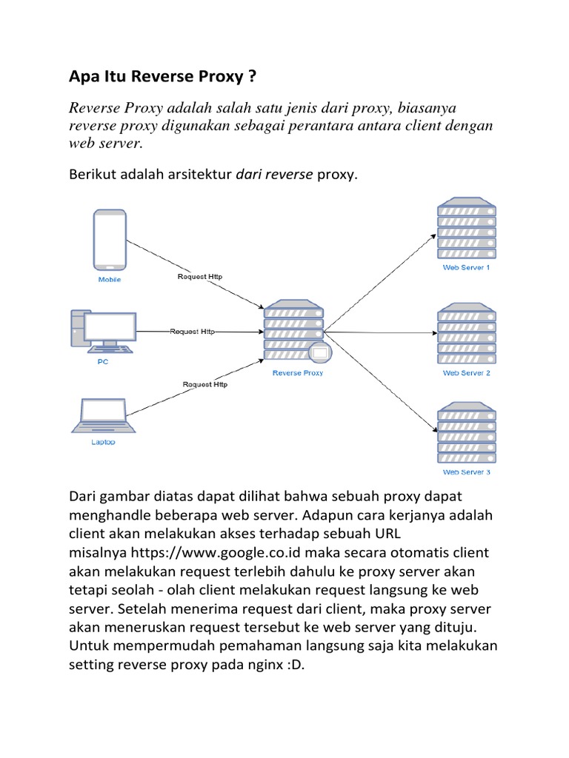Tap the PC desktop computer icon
104,330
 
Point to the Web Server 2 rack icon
466,333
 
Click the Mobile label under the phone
110,280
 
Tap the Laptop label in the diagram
103,443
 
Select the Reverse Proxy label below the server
297,373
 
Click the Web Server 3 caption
466,472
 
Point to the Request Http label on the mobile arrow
199,277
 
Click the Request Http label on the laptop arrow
205,384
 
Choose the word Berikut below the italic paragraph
93,176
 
